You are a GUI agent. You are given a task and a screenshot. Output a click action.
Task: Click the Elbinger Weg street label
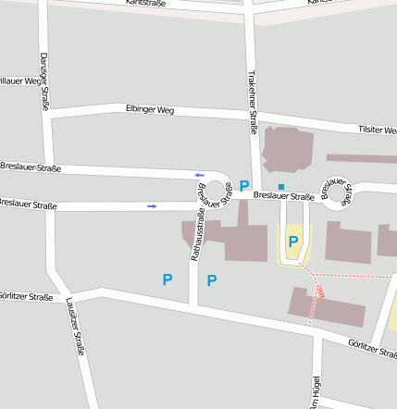[149, 109]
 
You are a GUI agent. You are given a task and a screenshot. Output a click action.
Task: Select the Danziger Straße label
[43, 81]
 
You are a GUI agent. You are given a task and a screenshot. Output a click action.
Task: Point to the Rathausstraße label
[194, 237]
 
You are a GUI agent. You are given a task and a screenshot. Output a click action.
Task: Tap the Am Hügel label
[315, 391]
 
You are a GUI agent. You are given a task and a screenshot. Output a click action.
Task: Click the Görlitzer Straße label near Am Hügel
[373, 348]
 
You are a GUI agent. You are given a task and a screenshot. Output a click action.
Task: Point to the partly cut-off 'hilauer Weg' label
[21, 81]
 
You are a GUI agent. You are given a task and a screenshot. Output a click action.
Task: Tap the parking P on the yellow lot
[293, 242]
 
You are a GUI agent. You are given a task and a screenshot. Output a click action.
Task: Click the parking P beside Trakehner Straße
[244, 186]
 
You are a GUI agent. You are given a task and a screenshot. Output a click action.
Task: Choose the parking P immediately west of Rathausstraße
[167, 279]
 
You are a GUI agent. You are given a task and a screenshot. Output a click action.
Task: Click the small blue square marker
[281, 186]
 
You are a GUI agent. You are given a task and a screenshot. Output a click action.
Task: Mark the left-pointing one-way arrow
[199, 175]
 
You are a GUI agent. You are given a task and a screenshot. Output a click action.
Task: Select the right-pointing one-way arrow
[152, 205]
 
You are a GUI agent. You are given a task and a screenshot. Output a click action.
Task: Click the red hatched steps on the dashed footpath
[320, 289]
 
